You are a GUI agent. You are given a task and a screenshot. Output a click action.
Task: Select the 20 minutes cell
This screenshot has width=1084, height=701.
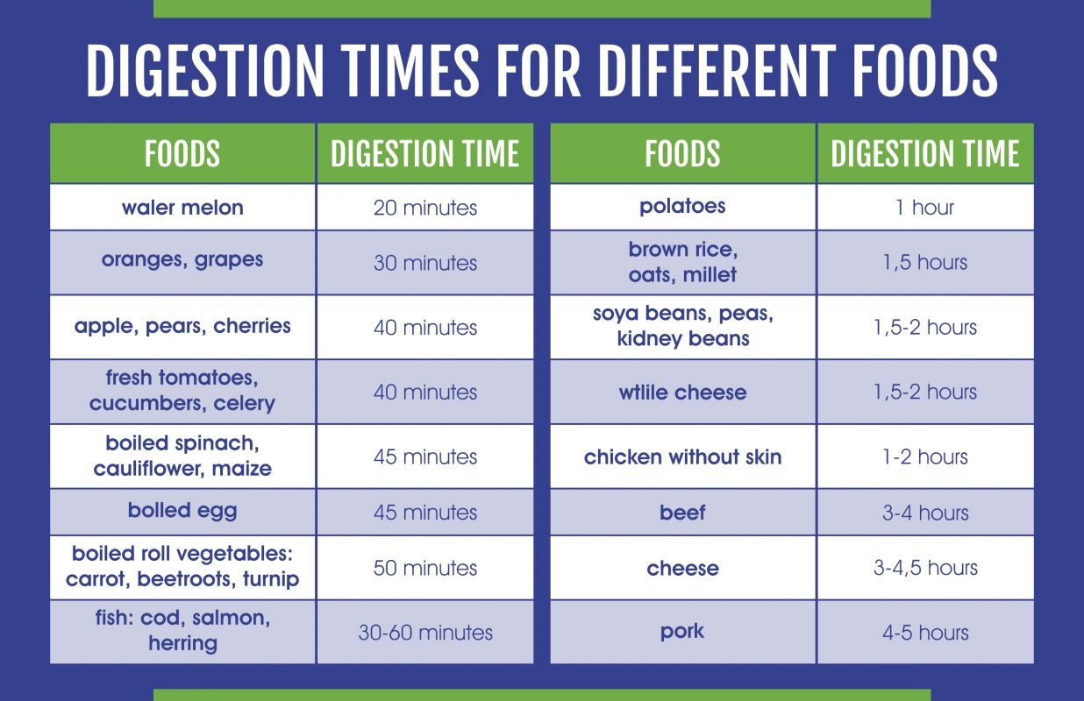425,208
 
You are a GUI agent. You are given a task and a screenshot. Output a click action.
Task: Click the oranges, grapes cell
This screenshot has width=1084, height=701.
182,260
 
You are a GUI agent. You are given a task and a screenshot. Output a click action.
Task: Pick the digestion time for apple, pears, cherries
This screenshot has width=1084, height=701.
425,328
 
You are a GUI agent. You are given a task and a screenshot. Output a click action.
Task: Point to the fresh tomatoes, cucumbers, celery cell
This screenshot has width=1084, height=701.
182,391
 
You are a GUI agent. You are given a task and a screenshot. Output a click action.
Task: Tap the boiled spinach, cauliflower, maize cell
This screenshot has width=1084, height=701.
182,456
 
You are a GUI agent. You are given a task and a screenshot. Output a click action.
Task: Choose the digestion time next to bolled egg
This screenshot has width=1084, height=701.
425,513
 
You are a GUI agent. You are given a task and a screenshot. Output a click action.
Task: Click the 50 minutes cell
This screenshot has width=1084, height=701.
425,568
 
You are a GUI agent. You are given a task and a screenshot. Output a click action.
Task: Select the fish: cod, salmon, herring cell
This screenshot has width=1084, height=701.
182,630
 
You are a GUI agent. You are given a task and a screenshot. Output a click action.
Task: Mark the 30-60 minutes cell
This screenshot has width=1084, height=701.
425,633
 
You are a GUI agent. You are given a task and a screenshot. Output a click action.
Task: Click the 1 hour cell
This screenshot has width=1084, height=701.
925,208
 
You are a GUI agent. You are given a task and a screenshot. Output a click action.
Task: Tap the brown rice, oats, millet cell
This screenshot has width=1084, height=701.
682,262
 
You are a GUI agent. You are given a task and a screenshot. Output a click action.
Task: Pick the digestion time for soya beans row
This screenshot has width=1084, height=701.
925,328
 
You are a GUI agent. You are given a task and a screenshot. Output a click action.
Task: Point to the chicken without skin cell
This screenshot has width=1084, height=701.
682,457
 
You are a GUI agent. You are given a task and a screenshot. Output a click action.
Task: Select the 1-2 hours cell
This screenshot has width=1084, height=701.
925,457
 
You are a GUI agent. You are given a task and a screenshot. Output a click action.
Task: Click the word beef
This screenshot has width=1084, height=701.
682,513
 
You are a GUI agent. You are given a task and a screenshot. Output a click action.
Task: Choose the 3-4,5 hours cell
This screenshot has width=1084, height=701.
925,568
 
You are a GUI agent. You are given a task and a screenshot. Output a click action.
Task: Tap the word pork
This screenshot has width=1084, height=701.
682,632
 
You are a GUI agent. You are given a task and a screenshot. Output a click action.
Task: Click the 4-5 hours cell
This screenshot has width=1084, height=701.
925,633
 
